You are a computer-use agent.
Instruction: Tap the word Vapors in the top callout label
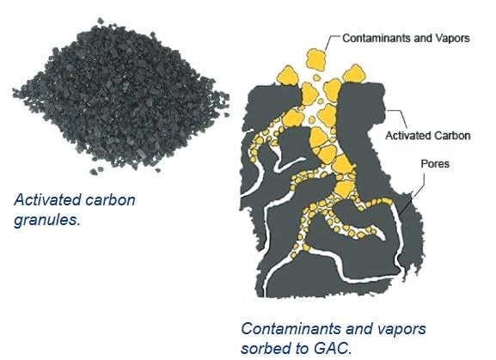click(453, 39)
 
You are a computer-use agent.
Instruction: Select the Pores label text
click(435, 164)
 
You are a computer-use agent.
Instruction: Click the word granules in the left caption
click(46, 220)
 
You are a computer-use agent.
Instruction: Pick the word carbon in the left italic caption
click(111, 200)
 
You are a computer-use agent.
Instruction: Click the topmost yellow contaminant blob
click(315, 59)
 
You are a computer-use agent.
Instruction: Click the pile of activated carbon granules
click(120, 95)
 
